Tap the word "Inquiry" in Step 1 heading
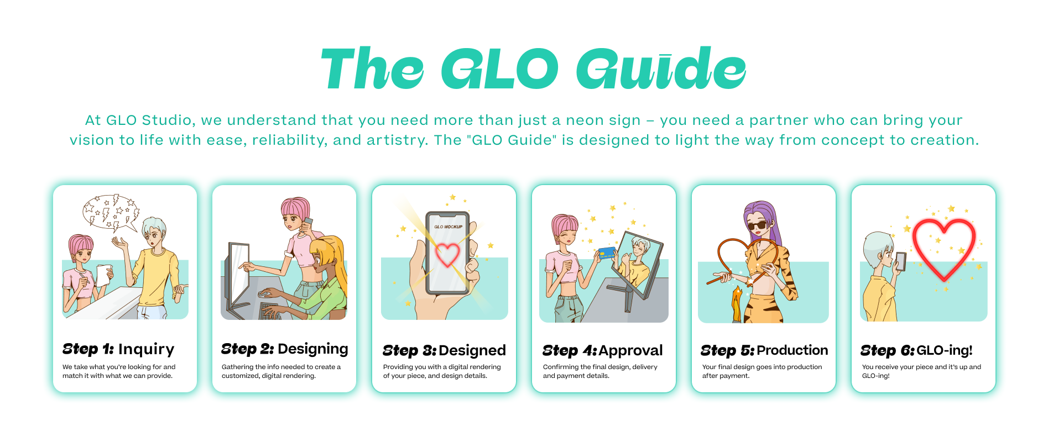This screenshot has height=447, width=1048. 146,349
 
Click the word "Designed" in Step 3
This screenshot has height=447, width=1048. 472,350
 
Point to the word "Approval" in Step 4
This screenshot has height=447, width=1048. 630,350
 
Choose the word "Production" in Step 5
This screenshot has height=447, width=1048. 792,350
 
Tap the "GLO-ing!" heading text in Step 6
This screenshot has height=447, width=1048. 945,350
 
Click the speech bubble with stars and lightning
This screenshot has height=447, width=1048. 111,212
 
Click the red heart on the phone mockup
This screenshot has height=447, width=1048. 447,255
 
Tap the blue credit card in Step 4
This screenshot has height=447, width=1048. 607,253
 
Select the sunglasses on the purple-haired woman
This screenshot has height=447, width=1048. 758,225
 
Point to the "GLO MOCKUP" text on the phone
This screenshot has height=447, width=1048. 448,227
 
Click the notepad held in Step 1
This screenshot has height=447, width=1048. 103,275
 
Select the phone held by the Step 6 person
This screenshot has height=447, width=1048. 901,261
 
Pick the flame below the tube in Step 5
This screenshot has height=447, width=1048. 737,304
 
